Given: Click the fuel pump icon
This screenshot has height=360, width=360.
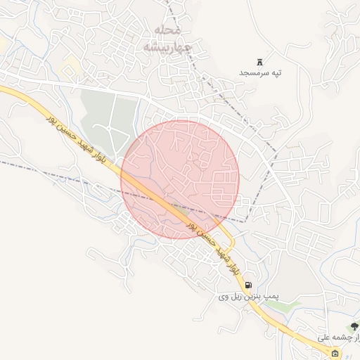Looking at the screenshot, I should [249, 285].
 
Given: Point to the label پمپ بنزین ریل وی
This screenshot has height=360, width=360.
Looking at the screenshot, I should [247, 297].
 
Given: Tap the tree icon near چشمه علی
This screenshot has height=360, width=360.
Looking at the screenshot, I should [354, 326].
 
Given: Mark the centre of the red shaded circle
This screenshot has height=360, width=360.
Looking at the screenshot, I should [180, 179].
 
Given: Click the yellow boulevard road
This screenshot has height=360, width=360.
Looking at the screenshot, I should [21, 95].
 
